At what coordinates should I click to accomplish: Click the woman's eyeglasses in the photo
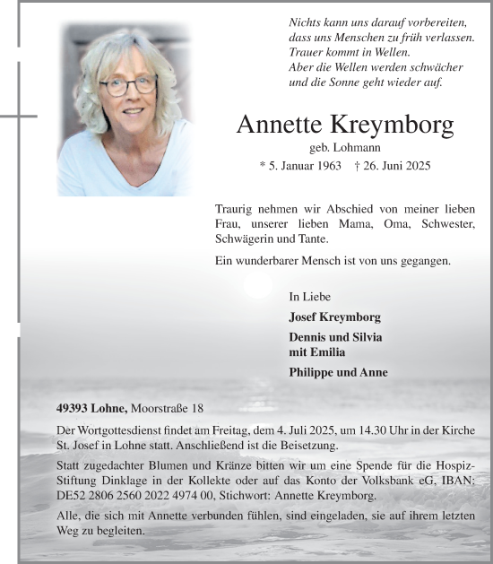[x=128, y=86]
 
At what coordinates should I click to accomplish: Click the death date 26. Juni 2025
[x=399, y=165]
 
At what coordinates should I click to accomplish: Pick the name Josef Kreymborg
[x=334, y=317]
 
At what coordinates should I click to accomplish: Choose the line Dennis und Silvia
[x=335, y=337]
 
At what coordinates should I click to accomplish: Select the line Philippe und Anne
[x=338, y=372]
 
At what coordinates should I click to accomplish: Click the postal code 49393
[x=74, y=408]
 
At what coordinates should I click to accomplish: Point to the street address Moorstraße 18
[x=167, y=408]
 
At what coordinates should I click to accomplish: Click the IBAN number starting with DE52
[x=134, y=495]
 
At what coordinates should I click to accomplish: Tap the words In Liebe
[x=308, y=296]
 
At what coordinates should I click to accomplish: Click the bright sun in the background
[x=257, y=284]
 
